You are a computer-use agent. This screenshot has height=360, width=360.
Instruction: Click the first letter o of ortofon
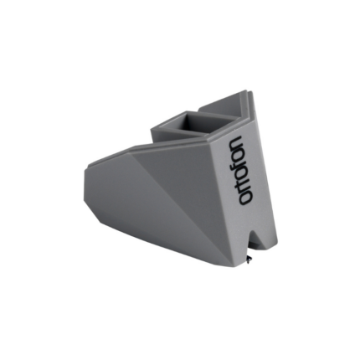(x=242, y=199)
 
